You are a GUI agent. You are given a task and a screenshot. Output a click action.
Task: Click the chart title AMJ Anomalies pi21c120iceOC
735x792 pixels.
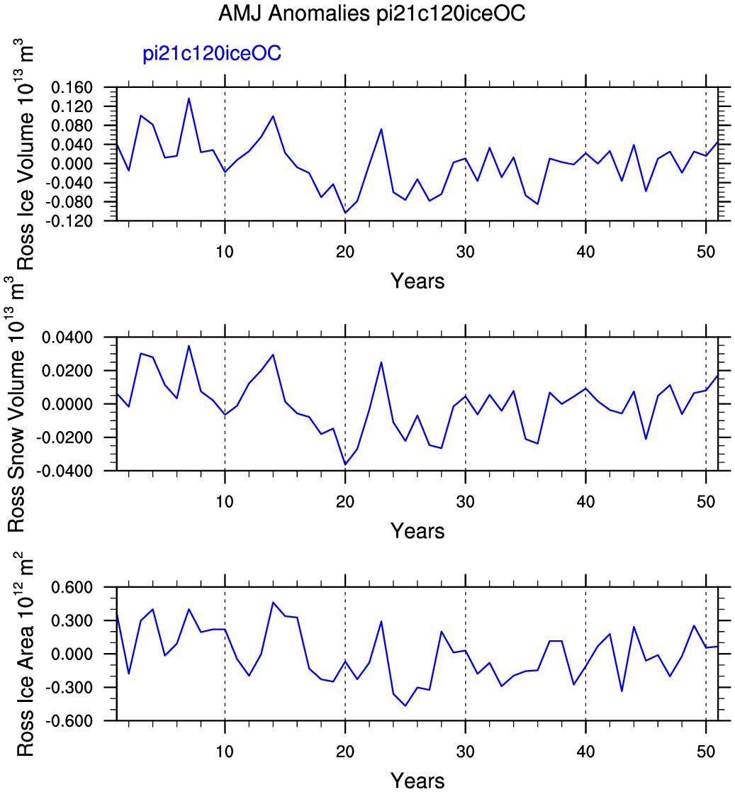[371, 15]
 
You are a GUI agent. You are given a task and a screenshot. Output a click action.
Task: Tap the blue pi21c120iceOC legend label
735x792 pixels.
[213, 54]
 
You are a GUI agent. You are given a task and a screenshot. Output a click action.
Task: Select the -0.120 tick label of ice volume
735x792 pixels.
[72, 221]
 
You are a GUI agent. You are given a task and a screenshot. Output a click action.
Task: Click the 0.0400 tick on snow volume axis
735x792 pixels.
[72, 337]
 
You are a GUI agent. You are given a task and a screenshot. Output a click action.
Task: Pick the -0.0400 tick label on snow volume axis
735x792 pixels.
[69, 470]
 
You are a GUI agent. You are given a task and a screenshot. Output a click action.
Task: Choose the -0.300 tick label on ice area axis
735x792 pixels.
[72, 687]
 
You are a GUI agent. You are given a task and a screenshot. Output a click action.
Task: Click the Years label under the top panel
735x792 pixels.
[417, 281]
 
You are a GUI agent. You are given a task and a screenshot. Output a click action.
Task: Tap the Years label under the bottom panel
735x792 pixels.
[417, 781]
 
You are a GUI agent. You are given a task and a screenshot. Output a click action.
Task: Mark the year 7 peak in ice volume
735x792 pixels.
[189, 99]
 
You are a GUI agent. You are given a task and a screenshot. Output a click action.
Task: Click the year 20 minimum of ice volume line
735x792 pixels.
[345, 213]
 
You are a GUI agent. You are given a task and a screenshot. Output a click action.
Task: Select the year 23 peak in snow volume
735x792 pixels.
[381, 362]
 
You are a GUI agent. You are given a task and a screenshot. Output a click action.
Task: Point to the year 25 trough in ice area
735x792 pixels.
[405, 705]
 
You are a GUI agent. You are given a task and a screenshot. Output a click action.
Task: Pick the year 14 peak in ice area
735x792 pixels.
[273, 603]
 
